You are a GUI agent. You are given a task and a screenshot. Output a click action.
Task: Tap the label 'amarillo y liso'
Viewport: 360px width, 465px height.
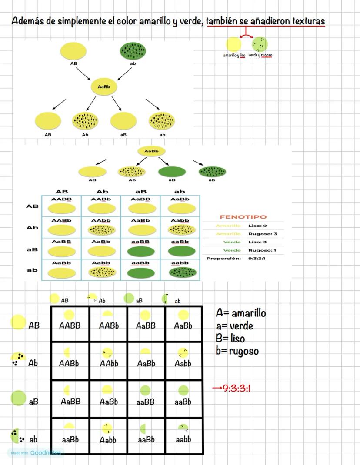tap(234, 55)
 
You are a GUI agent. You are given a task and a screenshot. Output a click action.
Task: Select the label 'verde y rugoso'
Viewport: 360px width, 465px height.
tap(260, 55)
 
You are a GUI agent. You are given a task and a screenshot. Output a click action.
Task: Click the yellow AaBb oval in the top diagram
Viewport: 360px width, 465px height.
tap(104, 87)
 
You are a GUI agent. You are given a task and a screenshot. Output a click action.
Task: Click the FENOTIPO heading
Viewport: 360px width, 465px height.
tap(243, 216)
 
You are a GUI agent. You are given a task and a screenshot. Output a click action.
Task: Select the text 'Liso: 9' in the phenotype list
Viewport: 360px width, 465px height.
tap(257, 226)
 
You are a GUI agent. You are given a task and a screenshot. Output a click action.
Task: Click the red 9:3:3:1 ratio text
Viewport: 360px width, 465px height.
tap(237, 388)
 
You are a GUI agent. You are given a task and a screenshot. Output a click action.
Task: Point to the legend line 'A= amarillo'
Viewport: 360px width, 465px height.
tap(240, 313)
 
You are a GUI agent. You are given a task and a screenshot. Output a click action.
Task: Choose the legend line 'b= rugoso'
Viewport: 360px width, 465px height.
tap(237, 351)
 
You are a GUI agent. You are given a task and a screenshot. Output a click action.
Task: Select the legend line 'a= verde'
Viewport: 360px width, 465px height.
tap(234, 325)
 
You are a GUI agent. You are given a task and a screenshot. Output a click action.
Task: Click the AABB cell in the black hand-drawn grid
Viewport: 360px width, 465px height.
tap(70, 325)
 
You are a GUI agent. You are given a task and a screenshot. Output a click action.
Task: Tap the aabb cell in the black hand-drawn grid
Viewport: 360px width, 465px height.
tap(183, 439)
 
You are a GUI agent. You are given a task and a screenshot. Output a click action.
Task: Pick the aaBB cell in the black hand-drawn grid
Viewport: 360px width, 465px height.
tap(145, 402)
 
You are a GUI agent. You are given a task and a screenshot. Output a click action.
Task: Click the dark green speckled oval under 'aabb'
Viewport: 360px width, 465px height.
tap(180, 272)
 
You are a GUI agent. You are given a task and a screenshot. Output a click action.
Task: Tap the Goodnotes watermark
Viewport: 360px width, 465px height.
tap(35, 453)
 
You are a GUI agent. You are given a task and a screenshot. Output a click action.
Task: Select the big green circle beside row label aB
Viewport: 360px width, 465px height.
tap(18, 398)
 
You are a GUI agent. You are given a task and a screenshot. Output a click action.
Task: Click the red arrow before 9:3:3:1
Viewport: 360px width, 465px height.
tap(217, 388)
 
